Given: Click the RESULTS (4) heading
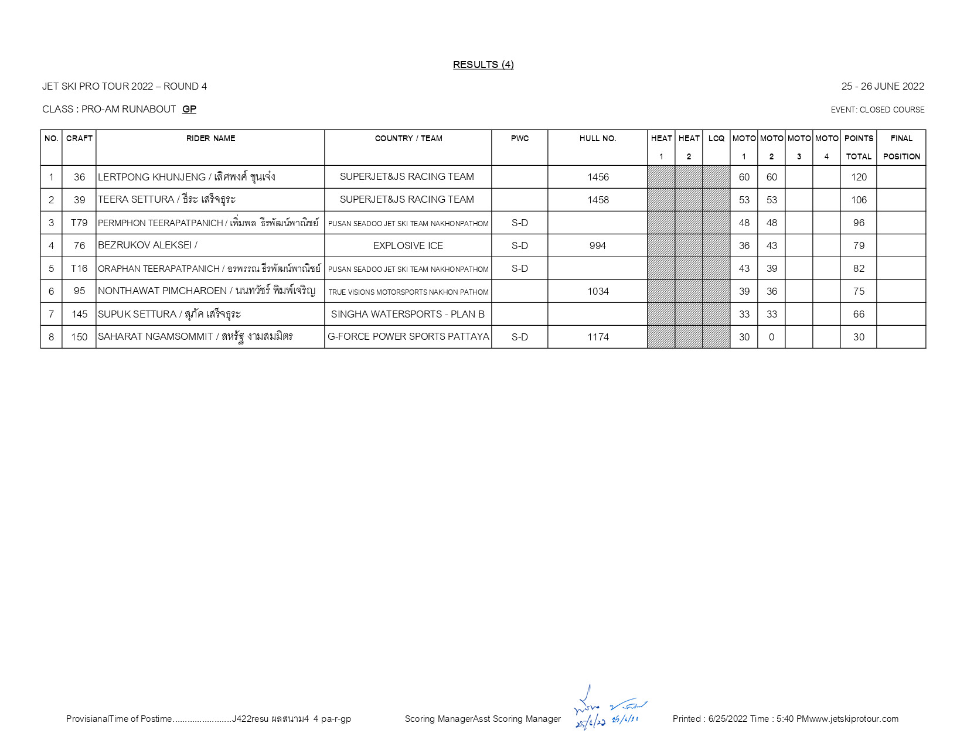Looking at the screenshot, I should [483, 64].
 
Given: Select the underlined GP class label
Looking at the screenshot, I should [189, 109].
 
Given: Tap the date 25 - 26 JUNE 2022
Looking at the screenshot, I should [882, 86].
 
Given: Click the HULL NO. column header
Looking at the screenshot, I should [597, 139].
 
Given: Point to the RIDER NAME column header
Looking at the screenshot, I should [210, 139].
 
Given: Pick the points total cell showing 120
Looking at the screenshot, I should [859, 177].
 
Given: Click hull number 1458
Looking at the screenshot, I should [598, 200].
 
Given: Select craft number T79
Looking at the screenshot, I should [79, 223].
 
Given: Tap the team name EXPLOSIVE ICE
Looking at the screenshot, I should [408, 245].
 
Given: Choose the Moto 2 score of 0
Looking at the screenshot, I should [771, 337].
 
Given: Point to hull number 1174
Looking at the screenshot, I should [598, 337].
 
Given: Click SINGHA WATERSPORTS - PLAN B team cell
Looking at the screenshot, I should [408, 314].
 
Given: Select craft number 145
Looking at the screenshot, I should [79, 314].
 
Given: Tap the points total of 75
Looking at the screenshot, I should [859, 291].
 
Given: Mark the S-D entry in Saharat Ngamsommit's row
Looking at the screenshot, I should [519, 337].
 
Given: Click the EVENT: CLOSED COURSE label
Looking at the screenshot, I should [877, 110].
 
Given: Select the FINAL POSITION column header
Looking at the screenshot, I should [901, 147].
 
